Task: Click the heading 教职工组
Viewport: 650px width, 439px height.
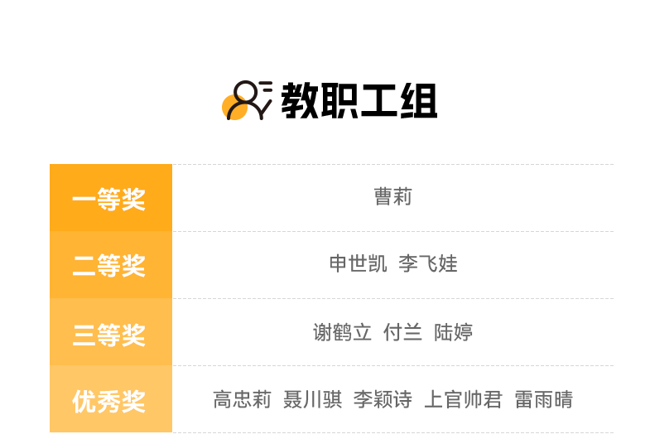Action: tap(359, 101)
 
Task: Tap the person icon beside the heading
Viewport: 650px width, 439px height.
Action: tap(247, 100)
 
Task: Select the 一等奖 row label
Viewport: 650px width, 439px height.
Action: tap(109, 200)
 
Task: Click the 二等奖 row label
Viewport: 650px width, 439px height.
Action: tap(109, 266)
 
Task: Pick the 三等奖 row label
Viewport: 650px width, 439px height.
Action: tap(109, 335)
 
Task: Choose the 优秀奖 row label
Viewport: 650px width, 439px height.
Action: tap(109, 401)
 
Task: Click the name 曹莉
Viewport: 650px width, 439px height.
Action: tap(393, 196)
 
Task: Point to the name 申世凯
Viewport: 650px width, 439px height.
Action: tap(359, 263)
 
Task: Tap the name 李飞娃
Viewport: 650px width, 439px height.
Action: tap(428, 263)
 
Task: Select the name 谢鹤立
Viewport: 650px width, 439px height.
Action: tap(342, 332)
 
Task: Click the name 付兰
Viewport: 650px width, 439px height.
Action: tap(402, 332)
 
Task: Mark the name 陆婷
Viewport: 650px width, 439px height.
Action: tap(454, 332)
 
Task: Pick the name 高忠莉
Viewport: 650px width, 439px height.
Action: tap(242, 399)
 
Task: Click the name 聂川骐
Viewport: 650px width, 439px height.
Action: tap(312, 399)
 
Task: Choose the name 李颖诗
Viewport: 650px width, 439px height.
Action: tap(383, 399)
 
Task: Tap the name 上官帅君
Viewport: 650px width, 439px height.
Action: tap(464, 399)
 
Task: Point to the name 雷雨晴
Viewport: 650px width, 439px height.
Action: tap(543, 399)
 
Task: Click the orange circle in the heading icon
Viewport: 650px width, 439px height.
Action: tap(234, 107)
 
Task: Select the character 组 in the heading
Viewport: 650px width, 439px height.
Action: tap(419, 101)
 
